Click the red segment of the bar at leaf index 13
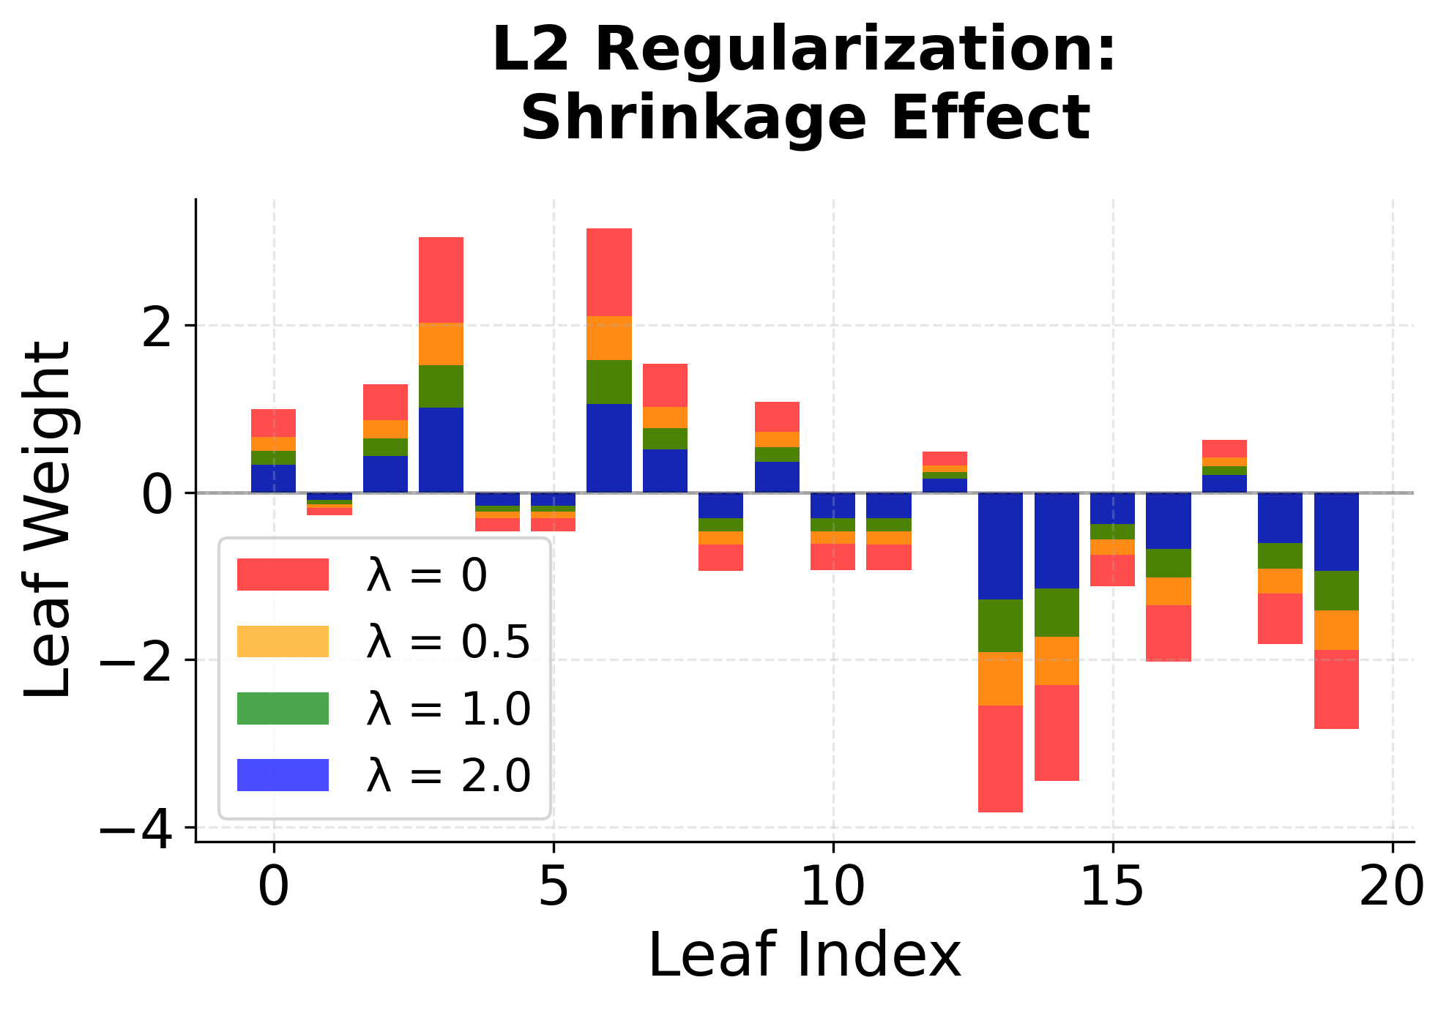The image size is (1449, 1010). point(1000,758)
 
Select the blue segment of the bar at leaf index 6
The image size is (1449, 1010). point(608,448)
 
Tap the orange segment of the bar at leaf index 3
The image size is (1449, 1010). point(441,343)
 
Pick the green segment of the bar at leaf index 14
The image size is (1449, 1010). point(1057,612)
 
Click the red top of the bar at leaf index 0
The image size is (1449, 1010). point(273,422)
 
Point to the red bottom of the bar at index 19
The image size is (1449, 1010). point(1336,689)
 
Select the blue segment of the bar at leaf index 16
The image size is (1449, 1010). point(1168,520)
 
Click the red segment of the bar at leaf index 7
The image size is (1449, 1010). point(665,385)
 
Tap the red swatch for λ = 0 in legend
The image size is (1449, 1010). point(283,575)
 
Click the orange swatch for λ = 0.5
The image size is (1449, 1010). point(283,641)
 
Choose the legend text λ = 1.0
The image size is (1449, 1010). point(448,708)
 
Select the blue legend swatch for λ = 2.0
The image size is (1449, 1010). point(283,775)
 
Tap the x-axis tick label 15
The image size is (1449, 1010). point(1112,888)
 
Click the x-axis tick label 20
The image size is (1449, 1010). point(1391,888)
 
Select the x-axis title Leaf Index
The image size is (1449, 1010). point(804,955)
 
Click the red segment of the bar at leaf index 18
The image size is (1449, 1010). point(1280,618)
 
